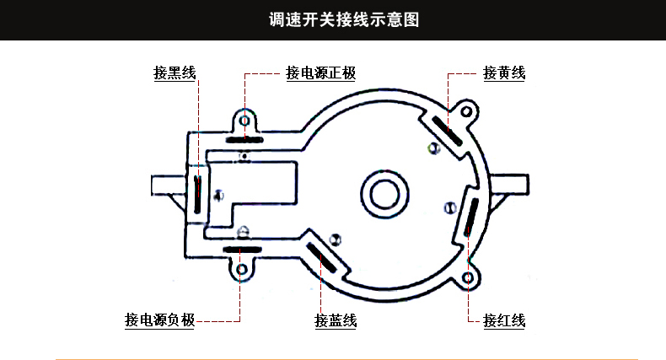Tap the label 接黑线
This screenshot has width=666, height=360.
175,73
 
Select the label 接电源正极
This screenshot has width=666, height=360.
320,73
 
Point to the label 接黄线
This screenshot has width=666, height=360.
504,73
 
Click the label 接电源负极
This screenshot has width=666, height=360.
159,320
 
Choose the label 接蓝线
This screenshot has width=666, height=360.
336,320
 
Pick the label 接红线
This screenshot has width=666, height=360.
504,320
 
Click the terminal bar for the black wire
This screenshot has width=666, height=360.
196,193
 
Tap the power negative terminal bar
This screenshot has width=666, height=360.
243,249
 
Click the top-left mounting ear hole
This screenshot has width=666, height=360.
245,119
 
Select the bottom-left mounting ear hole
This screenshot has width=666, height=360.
243,270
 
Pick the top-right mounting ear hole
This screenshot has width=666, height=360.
465,110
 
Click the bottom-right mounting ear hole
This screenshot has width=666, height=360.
470,276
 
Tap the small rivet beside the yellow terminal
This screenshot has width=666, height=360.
434,149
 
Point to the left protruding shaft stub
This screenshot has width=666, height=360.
165,185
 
